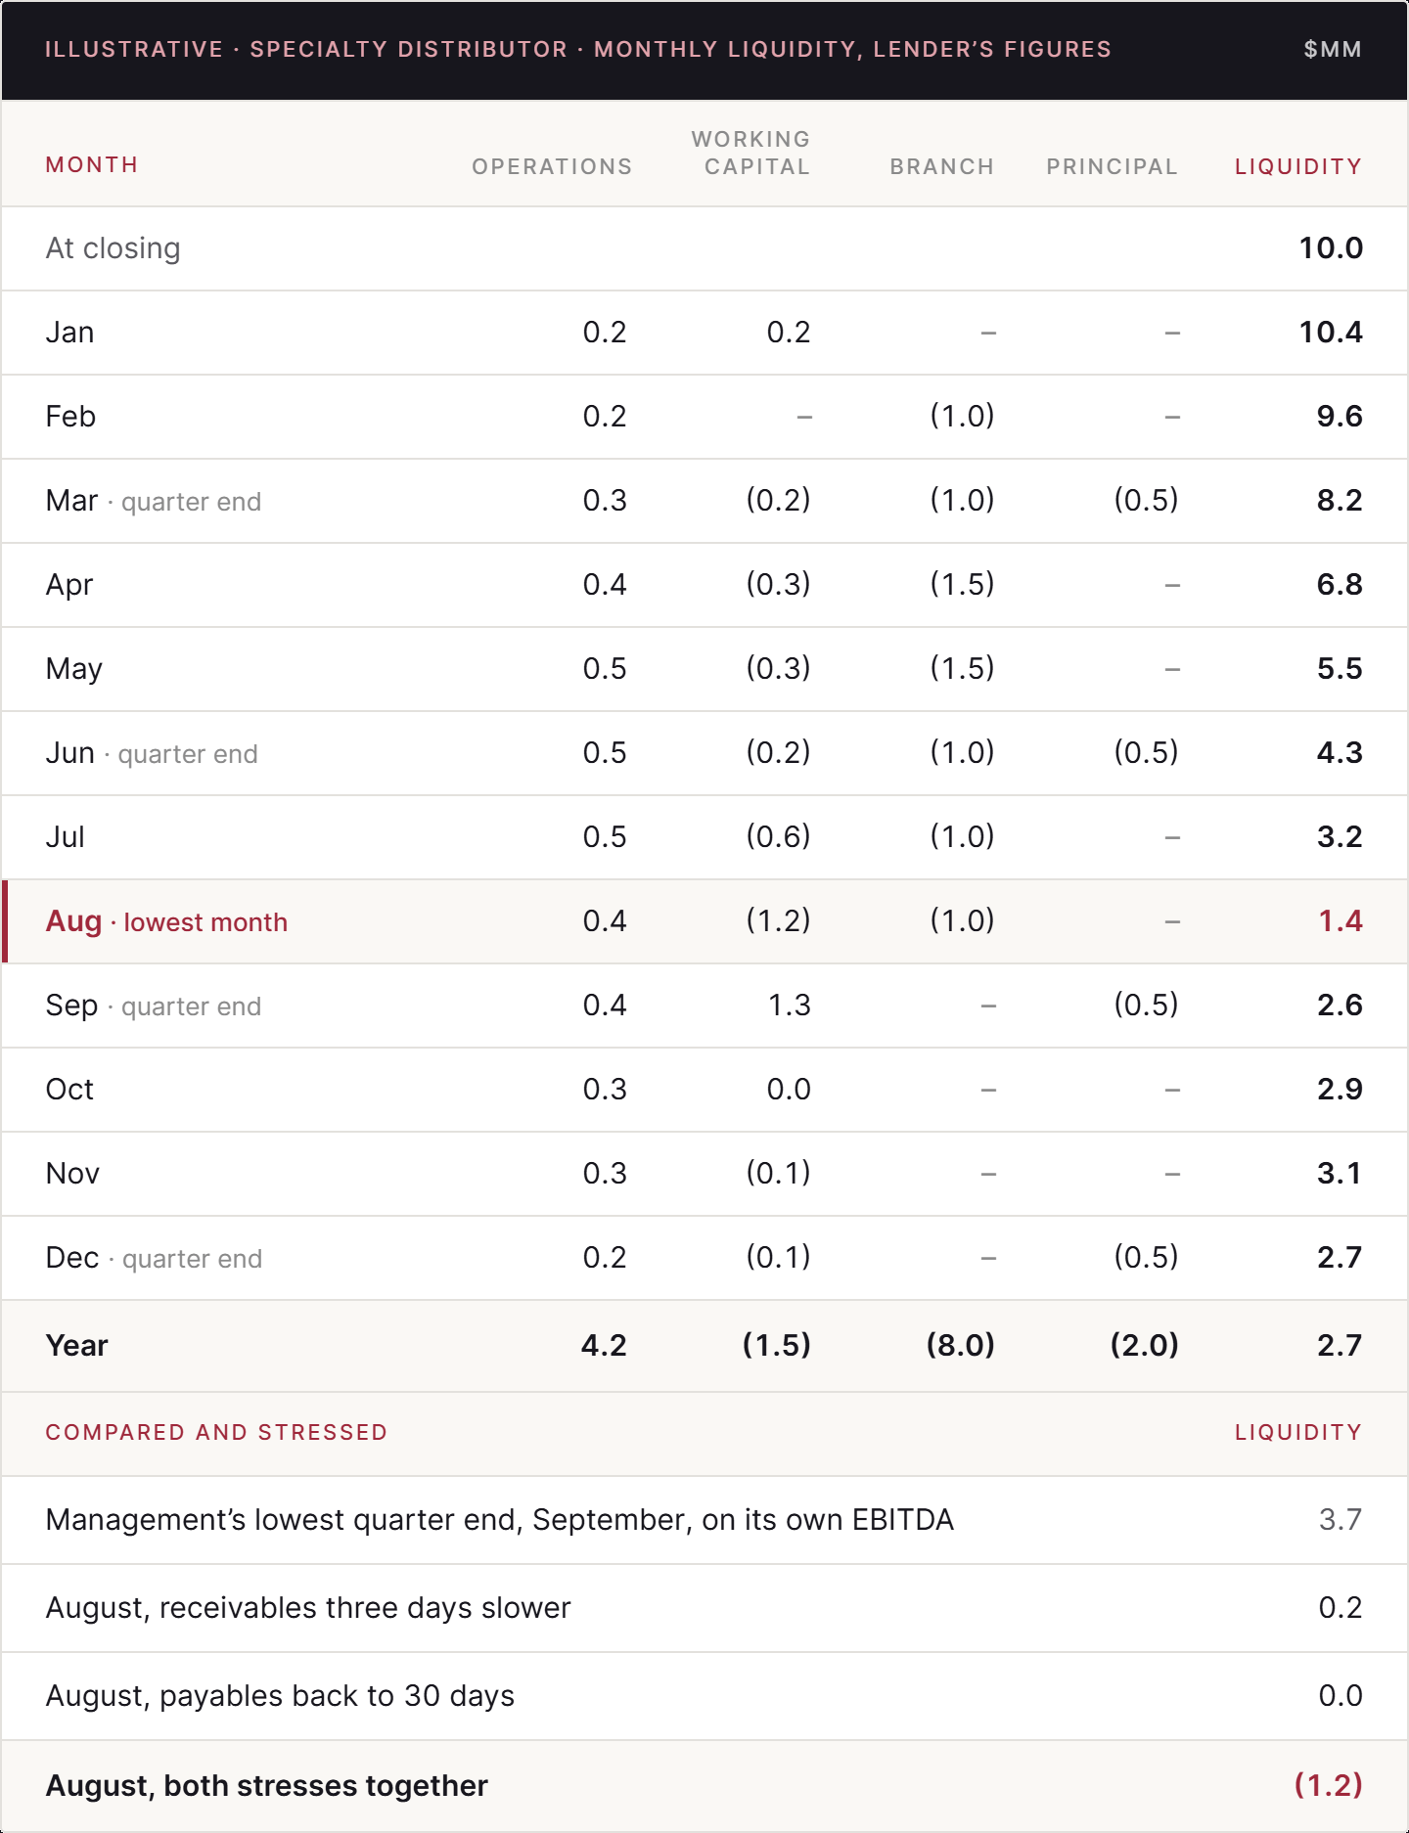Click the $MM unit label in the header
pyautogui.click(x=1333, y=50)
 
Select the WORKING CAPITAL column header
pyautogui.click(x=750, y=153)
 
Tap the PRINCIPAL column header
pyautogui.click(x=1112, y=166)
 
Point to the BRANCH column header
pyautogui.click(x=941, y=166)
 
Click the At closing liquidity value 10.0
pyautogui.click(x=1331, y=247)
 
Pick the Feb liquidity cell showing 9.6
pyautogui.click(x=1340, y=416)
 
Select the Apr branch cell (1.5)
pyautogui.click(x=962, y=584)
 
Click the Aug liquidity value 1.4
pyautogui.click(x=1341, y=920)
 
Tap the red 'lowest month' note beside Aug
pyautogui.click(x=205, y=922)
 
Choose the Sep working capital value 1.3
pyautogui.click(x=790, y=1005)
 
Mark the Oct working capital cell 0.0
pyautogui.click(x=789, y=1089)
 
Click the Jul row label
pyautogui.click(x=66, y=836)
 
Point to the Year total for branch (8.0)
pyautogui.click(x=961, y=1345)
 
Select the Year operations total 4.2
pyautogui.click(x=604, y=1345)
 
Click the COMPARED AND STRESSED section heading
pyautogui.click(x=216, y=1432)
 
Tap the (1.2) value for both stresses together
pyautogui.click(x=1329, y=1785)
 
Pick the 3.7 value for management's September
pyautogui.click(x=1341, y=1519)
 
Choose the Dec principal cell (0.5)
pyautogui.click(x=1146, y=1257)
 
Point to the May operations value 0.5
pyautogui.click(x=605, y=668)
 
